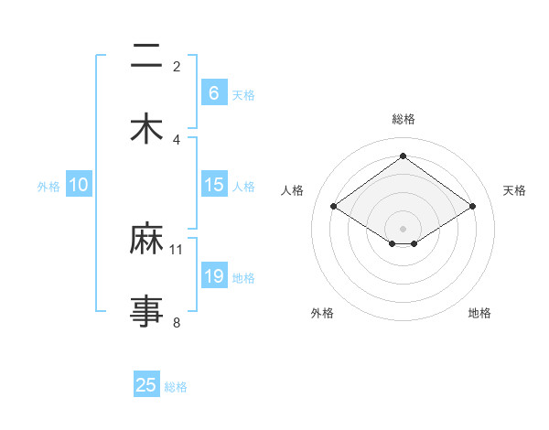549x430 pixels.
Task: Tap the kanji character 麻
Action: [146, 240]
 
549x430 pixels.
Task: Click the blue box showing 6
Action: [213, 93]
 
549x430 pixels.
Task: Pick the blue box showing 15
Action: [213, 185]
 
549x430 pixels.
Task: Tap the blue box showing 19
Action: [213, 276]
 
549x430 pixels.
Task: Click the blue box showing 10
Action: [79, 185]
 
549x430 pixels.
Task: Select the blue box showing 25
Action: [146, 385]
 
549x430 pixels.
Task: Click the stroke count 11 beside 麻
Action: [177, 249]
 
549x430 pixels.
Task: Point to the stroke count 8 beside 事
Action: [177, 322]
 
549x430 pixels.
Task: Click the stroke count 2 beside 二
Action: [177, 67]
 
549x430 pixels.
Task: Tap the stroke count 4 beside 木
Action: [177, 139]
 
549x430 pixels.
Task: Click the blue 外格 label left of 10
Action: [48, 187]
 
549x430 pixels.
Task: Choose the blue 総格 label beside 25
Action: [176, 387]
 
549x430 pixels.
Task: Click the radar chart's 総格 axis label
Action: [403, 119]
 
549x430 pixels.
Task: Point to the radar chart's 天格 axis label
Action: [514, 190]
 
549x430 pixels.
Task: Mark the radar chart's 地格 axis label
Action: [479, 313]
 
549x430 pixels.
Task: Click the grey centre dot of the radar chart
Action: [403, 227]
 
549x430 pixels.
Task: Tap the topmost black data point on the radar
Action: [403, 156]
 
